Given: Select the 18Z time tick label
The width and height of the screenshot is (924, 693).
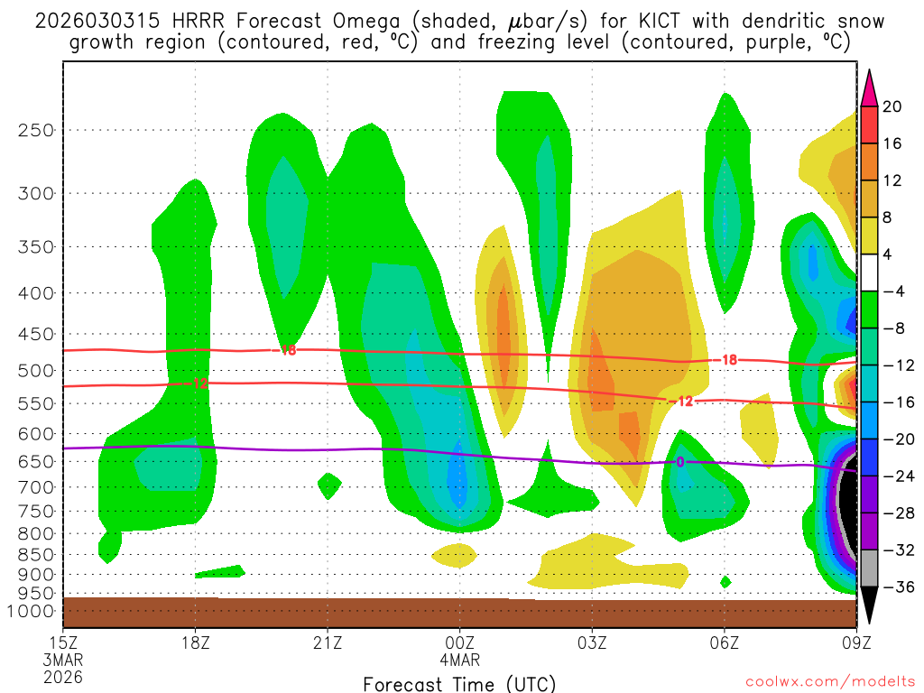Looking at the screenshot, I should point(196,642).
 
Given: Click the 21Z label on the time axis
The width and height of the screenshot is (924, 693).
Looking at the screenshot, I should point(328,642).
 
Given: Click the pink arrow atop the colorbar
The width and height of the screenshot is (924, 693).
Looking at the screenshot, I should point(869,88).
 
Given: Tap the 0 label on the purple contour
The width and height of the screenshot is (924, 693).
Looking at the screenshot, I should point(680,462).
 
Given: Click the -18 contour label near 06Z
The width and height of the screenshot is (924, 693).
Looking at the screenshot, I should point(727,360).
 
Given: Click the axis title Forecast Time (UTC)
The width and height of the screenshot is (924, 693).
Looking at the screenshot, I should point(459,683).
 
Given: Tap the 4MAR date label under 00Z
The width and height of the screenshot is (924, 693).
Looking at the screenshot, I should point(459,660).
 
